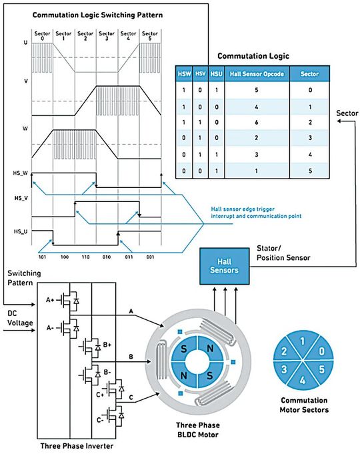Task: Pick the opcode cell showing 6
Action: (257, 123)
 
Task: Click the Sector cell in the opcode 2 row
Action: (308, 141)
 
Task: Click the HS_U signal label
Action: (21, 231)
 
